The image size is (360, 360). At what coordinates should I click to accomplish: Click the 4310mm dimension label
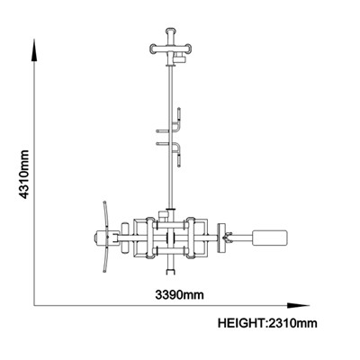(24, 175)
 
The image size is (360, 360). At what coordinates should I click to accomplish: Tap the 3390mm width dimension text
(179, 295)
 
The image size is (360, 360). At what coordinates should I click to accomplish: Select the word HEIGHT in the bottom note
(241, 323)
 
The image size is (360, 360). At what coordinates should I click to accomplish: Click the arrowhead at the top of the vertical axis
(35, 50)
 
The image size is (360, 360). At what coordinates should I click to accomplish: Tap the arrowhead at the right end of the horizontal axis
(298, 306)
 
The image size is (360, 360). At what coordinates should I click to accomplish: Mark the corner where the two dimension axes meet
(35, 306)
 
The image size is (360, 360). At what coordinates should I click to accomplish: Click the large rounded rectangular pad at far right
(270, 238)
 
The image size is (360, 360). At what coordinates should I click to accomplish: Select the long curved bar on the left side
(105, 237)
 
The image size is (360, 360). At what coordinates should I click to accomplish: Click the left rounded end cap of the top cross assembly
(154, 49)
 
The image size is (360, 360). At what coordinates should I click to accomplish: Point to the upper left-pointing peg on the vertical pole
(164, 130)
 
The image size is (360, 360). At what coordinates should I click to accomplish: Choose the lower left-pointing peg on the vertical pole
(164, 144)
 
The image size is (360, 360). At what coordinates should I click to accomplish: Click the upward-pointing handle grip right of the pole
(179, 114)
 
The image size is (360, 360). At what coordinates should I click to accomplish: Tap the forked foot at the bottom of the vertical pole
(170, 272)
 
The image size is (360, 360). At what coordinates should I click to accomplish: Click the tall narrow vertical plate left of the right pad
(222, 238)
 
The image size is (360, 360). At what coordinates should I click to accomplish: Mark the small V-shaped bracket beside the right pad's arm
(228, 238)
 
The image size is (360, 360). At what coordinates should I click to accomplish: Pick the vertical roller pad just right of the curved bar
(124, 238)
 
